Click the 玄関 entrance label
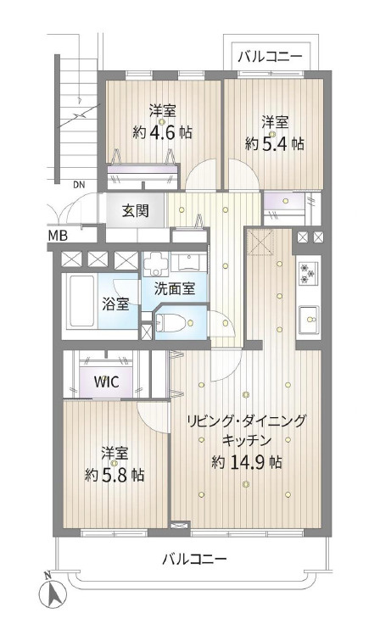point(135,211)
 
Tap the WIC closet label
point(106,382)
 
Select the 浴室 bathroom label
point(116,303)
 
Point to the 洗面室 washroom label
point(174,288)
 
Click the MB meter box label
point(57,235)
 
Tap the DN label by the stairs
point(78,183)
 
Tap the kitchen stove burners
point(307,273)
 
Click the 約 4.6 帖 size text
point(162,132)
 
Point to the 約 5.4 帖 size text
point(274,143)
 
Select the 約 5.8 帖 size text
point(115,475)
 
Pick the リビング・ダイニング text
point(246,421)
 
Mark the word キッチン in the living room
point(246,441)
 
